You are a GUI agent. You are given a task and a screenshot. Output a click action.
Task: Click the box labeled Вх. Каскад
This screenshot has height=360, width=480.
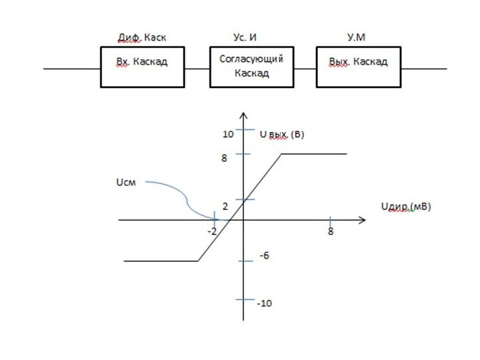click(142, 67)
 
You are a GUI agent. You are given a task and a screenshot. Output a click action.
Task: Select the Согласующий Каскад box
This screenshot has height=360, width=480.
click(251, 67)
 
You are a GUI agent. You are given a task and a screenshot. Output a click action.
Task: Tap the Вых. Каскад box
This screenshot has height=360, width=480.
click(357, 67)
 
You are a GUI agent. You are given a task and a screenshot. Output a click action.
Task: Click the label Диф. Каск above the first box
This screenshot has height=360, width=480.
click(138, 37)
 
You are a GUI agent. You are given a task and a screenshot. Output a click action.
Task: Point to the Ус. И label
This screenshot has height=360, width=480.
click(246, 37)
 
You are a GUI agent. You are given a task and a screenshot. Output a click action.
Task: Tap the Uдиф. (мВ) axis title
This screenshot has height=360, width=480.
click(405, 207)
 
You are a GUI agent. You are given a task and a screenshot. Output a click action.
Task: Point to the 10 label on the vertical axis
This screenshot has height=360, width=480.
click(228, 134)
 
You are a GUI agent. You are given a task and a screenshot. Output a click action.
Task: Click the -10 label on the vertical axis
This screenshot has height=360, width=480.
click(264, 303)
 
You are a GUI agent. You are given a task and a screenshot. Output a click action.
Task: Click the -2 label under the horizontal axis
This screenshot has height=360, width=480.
click(212, 231)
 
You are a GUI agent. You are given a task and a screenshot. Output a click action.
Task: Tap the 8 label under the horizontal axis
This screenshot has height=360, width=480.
click(330, 232)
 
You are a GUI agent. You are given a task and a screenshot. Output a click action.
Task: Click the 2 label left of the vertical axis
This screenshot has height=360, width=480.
click(225, 206)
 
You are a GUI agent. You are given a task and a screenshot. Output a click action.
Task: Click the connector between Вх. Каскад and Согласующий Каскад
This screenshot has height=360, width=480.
click(197, 67)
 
